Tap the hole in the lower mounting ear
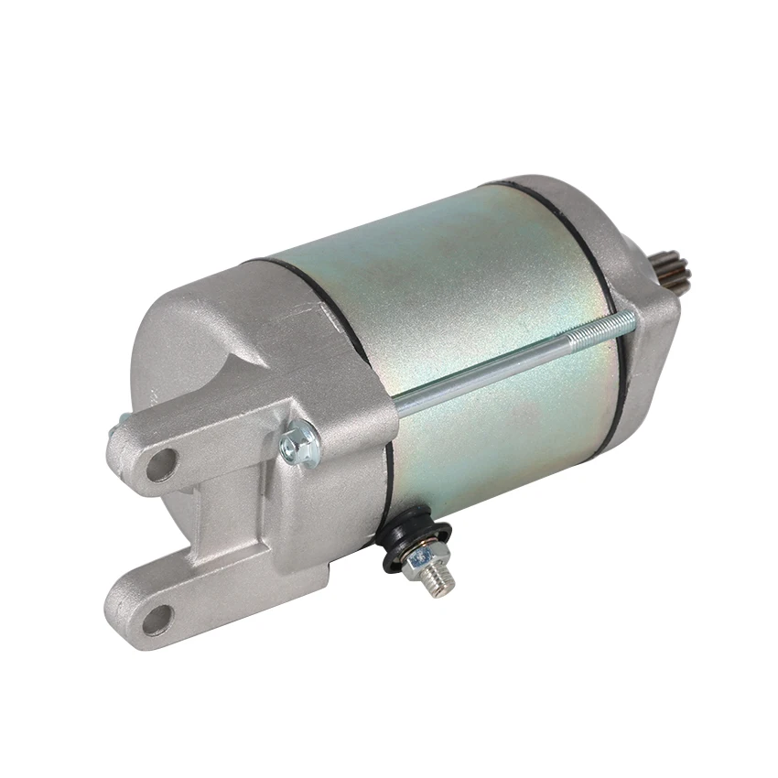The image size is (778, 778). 157,619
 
